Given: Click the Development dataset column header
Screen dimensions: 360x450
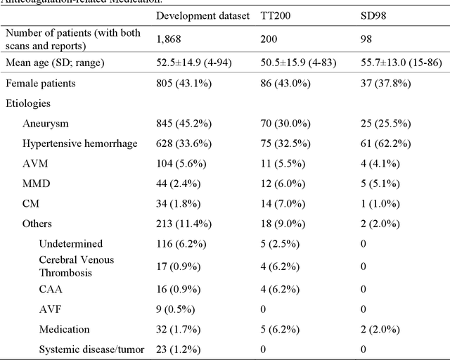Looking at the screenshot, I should (x=202, y=15).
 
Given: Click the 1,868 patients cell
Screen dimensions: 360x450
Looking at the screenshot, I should (x=169, y=39).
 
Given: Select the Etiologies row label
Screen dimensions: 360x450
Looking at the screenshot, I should (x=29, y=103).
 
